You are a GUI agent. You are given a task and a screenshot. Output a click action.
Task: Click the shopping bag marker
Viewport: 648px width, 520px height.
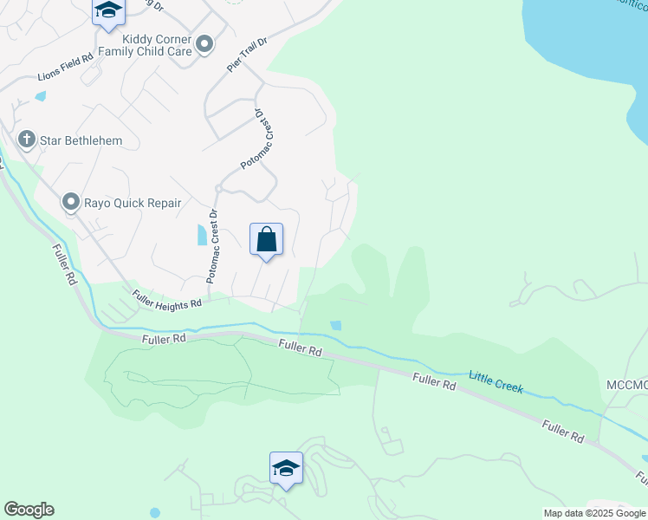click(x=266, y=239)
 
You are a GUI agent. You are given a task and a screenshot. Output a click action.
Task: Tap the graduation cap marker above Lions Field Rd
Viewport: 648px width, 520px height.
click(x=108, y=11)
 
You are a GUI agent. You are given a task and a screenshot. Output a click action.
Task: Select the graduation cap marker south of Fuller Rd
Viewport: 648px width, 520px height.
click(x=286, y=469)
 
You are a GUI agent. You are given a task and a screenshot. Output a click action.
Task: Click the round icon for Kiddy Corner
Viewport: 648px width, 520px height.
click(x=204, y=43)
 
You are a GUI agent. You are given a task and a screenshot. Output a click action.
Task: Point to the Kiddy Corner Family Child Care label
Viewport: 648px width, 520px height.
click(x=144, y=45)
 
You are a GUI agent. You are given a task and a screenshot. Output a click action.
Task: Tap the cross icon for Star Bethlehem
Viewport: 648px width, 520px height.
click(x=27, y=140)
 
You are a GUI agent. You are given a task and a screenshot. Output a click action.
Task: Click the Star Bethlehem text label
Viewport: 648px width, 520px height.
click(x=86, y=140)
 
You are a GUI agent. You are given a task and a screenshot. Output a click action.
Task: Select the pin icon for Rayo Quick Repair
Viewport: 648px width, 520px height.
click(x=70, y=203)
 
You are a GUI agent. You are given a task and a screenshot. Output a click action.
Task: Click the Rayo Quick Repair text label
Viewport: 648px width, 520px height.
click(x=133, y=204)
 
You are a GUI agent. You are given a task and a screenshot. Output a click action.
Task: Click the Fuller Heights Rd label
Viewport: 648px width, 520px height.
click(x=166, y=299)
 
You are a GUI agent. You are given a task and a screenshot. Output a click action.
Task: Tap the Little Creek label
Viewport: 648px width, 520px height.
click(x=496, y=381)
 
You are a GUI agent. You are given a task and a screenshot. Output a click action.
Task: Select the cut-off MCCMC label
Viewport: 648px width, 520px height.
click(x=625, y=384)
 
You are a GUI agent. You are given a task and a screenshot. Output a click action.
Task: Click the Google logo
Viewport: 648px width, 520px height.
click(x=29, y=510)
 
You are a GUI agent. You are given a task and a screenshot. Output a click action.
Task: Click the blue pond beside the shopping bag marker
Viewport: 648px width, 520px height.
click(x=203, y=234)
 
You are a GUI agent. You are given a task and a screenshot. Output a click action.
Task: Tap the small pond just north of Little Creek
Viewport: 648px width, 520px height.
click(x=335, y=326)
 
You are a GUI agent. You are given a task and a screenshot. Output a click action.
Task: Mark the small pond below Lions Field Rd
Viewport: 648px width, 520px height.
click(x=39, y=96)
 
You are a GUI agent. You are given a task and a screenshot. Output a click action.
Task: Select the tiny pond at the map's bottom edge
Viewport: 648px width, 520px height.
click(x=154, y=512)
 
